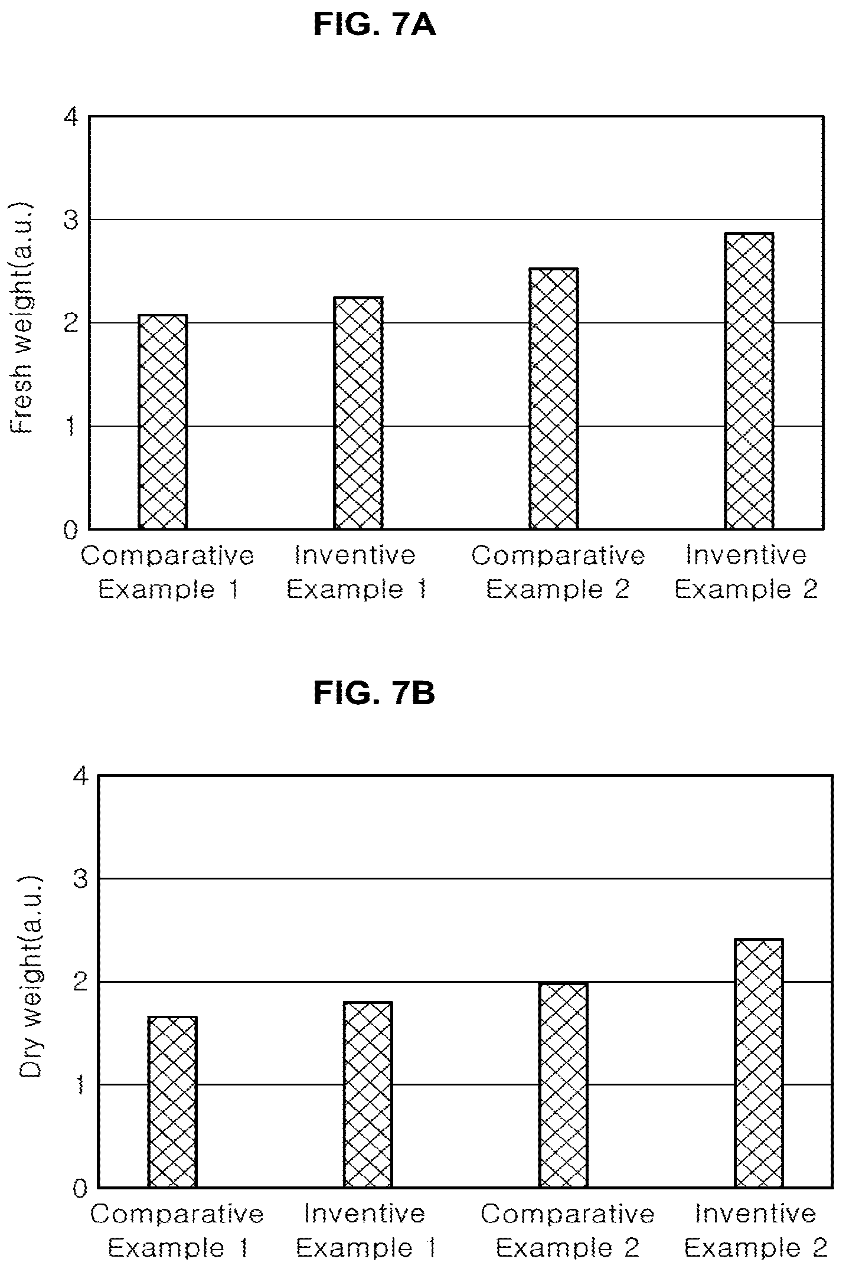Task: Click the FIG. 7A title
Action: tap(374, 24)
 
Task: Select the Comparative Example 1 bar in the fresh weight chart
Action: tap(163, 421)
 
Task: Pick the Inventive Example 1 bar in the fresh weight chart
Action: tap(358, 413)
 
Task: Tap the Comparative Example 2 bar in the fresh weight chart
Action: tap(554, 398)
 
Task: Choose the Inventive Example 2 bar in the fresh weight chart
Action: tap(749, 381)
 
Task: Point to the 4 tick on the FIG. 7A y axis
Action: tap(71, 118)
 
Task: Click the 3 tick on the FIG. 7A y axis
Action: tap(71, 220)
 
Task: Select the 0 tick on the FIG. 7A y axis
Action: tap(71, 530)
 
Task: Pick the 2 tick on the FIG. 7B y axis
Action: tap(81, 982)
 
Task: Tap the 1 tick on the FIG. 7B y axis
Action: tap(81, 1085)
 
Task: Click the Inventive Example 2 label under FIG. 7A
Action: tap(746, 572)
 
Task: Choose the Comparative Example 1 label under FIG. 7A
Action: tap(168, 572)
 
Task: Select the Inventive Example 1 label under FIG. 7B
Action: tap(365, 1231)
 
